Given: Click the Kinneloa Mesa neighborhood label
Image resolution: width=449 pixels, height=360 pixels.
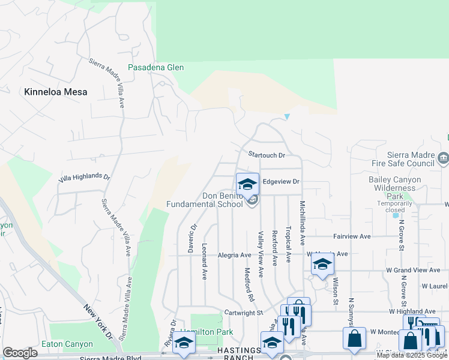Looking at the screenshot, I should coord(55,92).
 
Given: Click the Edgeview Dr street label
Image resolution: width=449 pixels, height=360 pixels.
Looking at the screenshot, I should coord(280,181).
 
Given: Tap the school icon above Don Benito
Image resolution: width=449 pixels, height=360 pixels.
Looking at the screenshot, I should coord(247,184).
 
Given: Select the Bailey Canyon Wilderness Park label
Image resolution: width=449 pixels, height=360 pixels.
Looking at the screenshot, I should coord(393,188).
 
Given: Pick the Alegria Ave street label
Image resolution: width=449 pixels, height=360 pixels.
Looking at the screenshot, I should coord(234,255).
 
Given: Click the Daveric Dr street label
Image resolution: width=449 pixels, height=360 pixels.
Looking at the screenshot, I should coord(193,238).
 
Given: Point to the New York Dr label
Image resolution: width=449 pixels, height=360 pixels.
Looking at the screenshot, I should coord(98,321).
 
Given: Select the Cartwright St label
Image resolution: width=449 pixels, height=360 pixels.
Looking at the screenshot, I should coord(244,313).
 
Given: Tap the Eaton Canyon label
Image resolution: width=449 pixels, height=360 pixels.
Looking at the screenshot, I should coord(67,344).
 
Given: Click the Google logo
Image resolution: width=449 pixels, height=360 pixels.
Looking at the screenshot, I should coord(20,353).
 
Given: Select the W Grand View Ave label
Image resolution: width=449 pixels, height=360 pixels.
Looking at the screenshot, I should coord(414,270).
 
